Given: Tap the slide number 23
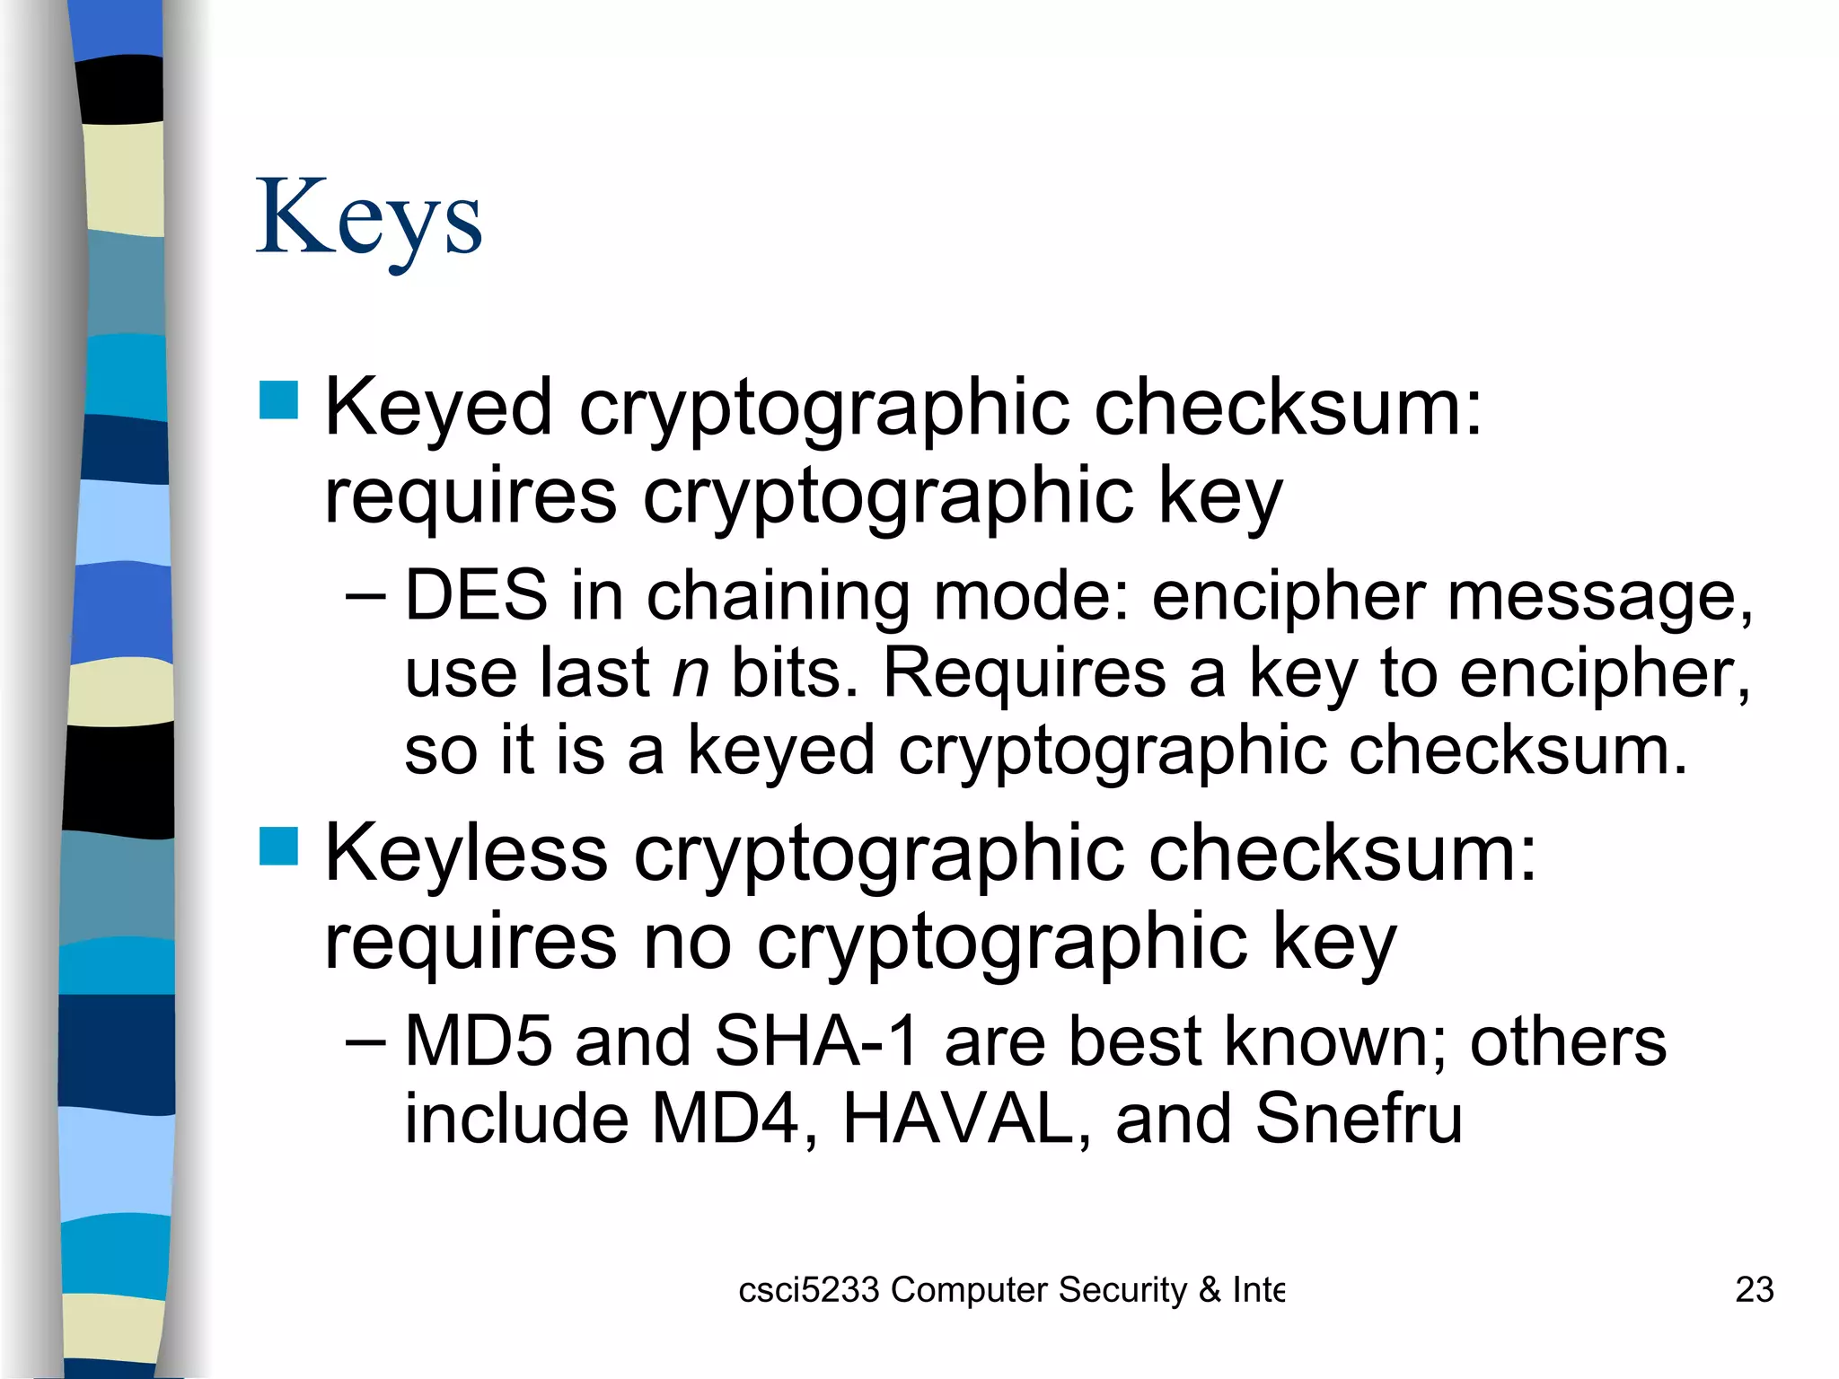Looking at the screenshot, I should click(x=1754, y=1290).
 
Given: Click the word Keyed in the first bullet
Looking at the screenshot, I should click(x=438, y=408).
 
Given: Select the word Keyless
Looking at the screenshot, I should click(x=466, y=854).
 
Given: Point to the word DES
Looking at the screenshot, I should click(x=476, y=595).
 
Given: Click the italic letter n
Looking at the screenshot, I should click(x=691, y=673).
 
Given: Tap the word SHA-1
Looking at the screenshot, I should click(x=817, y=1041).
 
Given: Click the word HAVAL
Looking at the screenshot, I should click(x=958, y=1119).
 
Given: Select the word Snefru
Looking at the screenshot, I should click(x=1359, y=1119).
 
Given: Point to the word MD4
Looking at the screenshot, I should click(x=724, y=1119).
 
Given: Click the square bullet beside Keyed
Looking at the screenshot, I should click(x=278, y=400).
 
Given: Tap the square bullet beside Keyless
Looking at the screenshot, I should click(x=278, y=846).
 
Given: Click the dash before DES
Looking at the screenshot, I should click(x=365, y=595).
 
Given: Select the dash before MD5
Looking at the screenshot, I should click(x=365, y=1041).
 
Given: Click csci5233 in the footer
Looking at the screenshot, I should click(x=808, y=1290).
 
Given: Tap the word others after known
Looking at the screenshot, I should click(x=1568, y=1041).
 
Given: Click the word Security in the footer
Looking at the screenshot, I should click(x=1122, y=1290).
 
